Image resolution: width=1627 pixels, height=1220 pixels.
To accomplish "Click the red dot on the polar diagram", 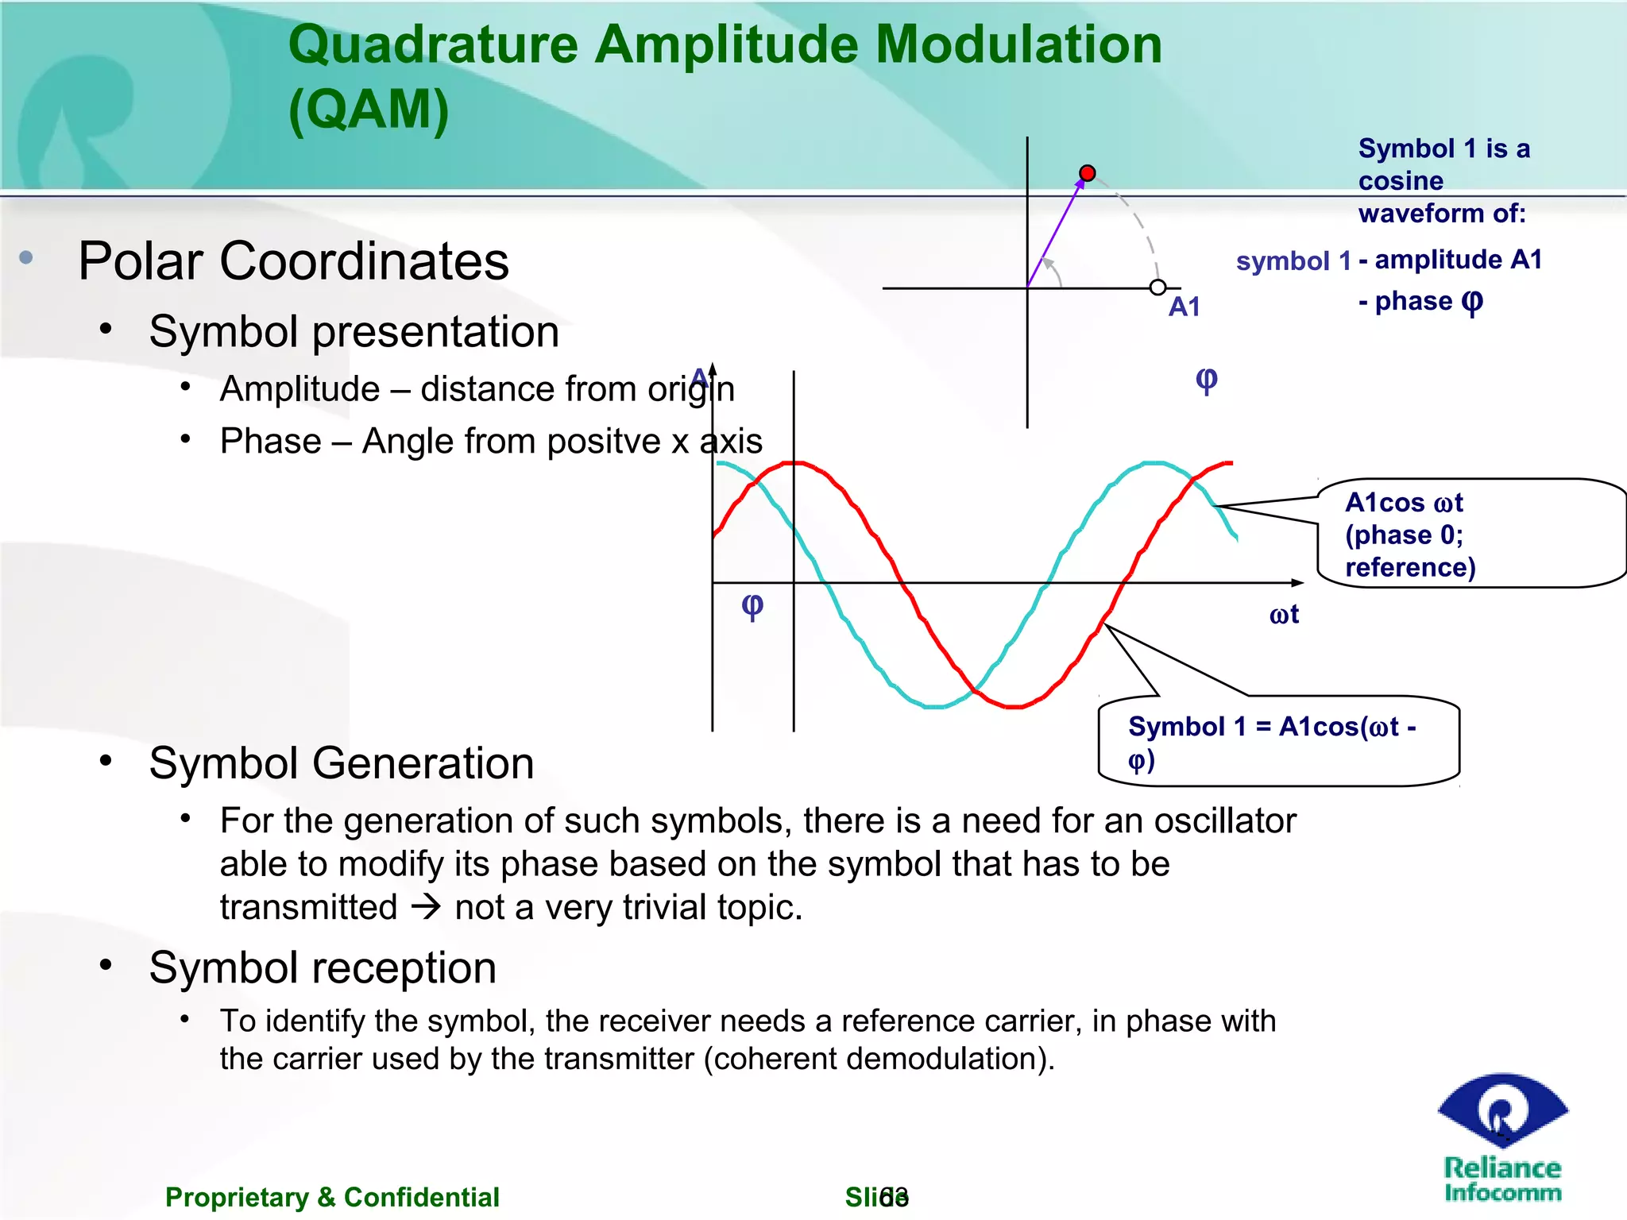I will (x=1088, y=173).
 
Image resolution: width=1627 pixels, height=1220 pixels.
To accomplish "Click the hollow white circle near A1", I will (x=1158, y=288).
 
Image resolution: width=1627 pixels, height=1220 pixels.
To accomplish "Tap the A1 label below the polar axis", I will (x=1184, y=307).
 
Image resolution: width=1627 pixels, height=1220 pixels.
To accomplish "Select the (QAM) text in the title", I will (x=369, y=110).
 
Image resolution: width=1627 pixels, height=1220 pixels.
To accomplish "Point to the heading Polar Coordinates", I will (x=293, y=261).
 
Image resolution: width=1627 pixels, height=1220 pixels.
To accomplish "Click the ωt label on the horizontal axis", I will (x=1284, y=615).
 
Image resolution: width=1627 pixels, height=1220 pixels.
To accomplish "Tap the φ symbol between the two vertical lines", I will (x=752, y=606).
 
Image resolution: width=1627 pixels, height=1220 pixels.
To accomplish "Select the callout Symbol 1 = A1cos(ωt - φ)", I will (x=1275, y=742).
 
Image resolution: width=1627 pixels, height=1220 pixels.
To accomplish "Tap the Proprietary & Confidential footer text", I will (x=332, y=1197).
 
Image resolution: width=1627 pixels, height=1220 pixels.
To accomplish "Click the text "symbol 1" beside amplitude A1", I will (x=1293, y=261).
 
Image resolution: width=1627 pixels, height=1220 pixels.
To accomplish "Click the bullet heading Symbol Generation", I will (x=341, y=763).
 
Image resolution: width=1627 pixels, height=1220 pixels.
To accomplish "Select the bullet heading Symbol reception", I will (x=323, y=968).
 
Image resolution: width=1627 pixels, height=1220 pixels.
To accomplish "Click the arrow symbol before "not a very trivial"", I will (x=426, y=907).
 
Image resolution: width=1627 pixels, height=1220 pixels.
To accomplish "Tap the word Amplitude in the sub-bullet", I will (x=300, y=389).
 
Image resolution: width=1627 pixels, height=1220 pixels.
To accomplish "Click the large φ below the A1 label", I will (x=1206, y=380).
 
